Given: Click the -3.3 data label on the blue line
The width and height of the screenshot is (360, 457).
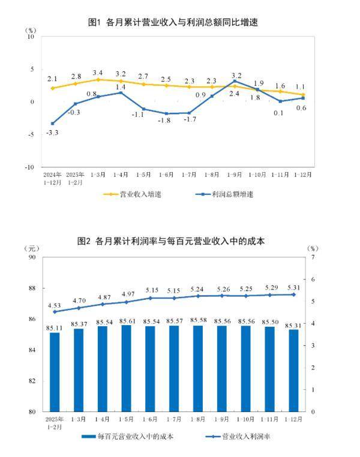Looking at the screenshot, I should (x=52, y=133).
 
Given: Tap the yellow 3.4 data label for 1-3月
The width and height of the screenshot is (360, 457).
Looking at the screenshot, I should (x=98, y=73).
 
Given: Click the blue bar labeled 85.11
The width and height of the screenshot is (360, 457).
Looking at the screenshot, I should (x=55, y=372).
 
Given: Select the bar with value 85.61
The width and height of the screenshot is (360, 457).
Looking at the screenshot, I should (x=126, y=368).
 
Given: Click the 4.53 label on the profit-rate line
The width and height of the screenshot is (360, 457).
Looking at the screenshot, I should (x=55, y=303).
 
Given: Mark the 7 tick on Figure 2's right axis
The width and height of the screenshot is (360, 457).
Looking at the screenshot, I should (x=311, y=257).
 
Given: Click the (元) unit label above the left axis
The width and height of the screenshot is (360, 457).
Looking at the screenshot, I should (x=32, y=248).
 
